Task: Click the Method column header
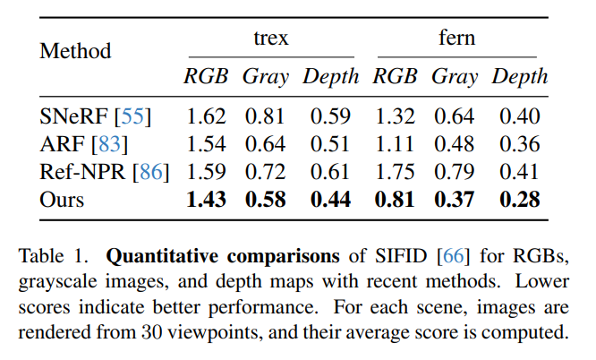tap(75, 51)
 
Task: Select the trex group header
tap(270, 38)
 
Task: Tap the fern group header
tap(456, 38)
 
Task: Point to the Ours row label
tap(62, 199)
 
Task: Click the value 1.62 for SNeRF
tap(205, 116)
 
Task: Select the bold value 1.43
tap(206, 199)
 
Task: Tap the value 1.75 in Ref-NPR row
tap(395, 171)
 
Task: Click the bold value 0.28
tap(519, 199)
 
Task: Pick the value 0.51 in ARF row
tap(330, 143)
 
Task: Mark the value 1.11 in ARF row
tap(395, 143)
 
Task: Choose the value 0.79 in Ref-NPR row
tap(455, 171)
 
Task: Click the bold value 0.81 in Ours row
tap(395, 199)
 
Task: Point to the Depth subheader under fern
tap(519, 77)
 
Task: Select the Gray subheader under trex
tap(266, 77)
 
